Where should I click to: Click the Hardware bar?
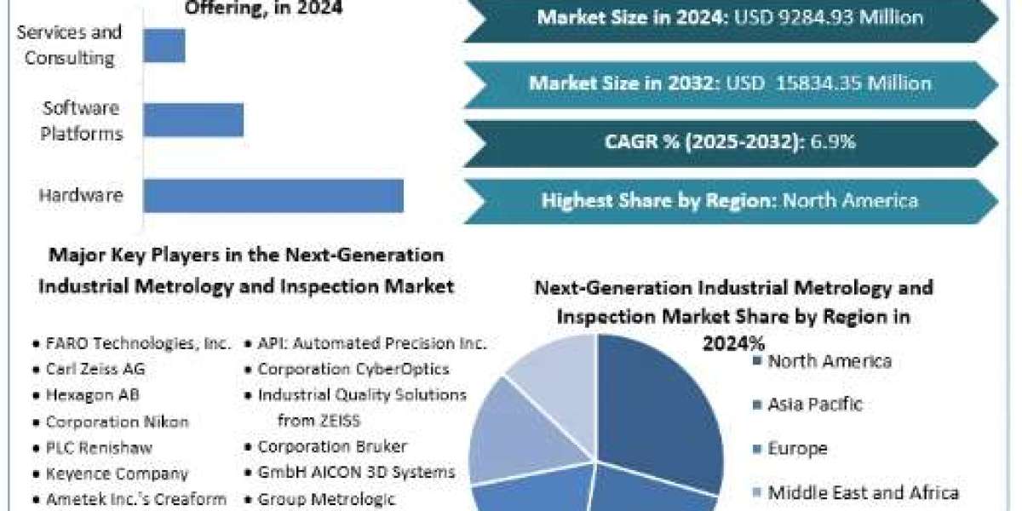273,196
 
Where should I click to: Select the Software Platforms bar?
193,120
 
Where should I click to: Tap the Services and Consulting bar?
164,46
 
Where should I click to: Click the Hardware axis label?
81,195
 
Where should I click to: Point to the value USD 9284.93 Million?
829,17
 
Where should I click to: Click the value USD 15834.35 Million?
829,83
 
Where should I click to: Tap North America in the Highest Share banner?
850,201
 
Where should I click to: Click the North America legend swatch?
757,361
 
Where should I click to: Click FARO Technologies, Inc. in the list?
139,343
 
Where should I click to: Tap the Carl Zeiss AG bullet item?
95,369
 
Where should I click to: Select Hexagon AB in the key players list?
93,395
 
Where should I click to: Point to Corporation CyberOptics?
353,369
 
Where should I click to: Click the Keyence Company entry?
117,474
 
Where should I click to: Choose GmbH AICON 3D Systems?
356,472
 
